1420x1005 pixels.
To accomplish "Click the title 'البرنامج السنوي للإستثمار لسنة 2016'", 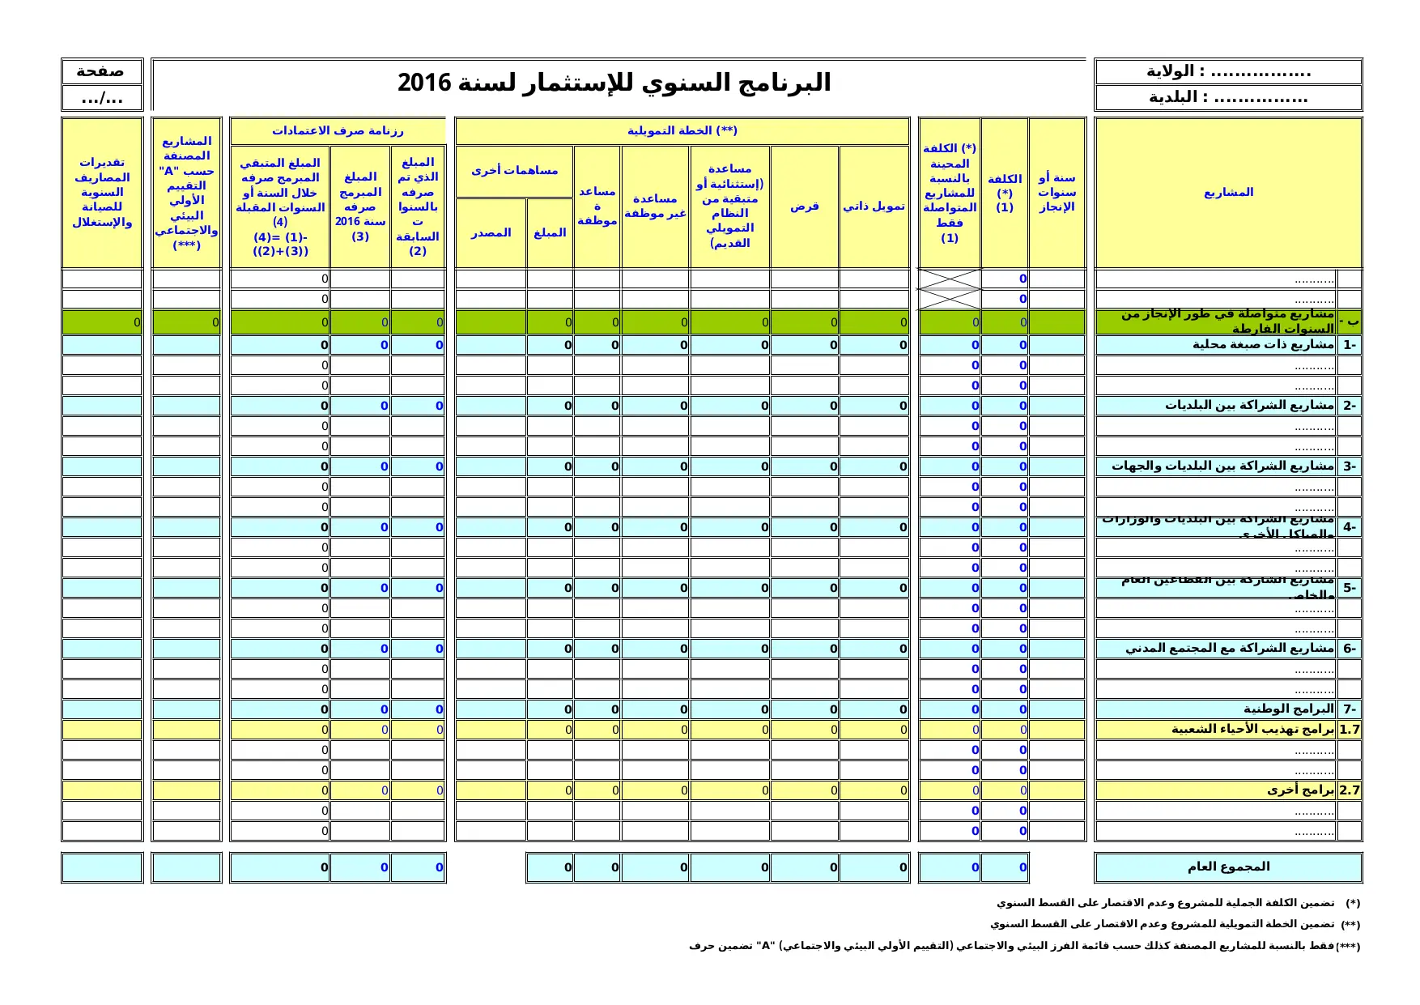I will pyautogui.click(x=614, y=83).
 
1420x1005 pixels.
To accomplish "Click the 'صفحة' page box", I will pyautogui.click(x=100, y=71).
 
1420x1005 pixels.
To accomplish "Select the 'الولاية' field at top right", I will pyautogui.click(x=1227, y=71).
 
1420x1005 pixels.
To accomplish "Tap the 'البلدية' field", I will pyautogui.click(x=1227, y=98).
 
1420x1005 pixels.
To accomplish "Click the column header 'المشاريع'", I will pyautogui.click(x=1227, y=193).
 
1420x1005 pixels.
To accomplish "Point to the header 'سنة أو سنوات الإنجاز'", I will pyautogui.click(x=1056, y=193).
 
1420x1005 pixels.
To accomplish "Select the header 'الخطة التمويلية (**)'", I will pyautogui.click(x=682, y=131).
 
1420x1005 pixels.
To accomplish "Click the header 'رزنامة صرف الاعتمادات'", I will pyautogui.click(x=338, y=131).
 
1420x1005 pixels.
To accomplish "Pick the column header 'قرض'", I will pyautogui.click(x=804, y=207).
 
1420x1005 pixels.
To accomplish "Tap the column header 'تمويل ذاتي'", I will pyautogui.click(x=874, y=207).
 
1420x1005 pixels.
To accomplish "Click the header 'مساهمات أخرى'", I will pyautogui.click(x=514, y=171).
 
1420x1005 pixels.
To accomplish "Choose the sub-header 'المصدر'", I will pyautogui.click(x=491, y=233).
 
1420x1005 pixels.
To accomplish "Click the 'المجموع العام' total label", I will pyautogui.click(x=1227, y=867).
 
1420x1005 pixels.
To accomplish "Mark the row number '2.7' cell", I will pyautogui.click(x=1350, y=790).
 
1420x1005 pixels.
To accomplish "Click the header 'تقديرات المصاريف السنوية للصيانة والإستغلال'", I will pyautogui.click(x=102, y=193).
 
